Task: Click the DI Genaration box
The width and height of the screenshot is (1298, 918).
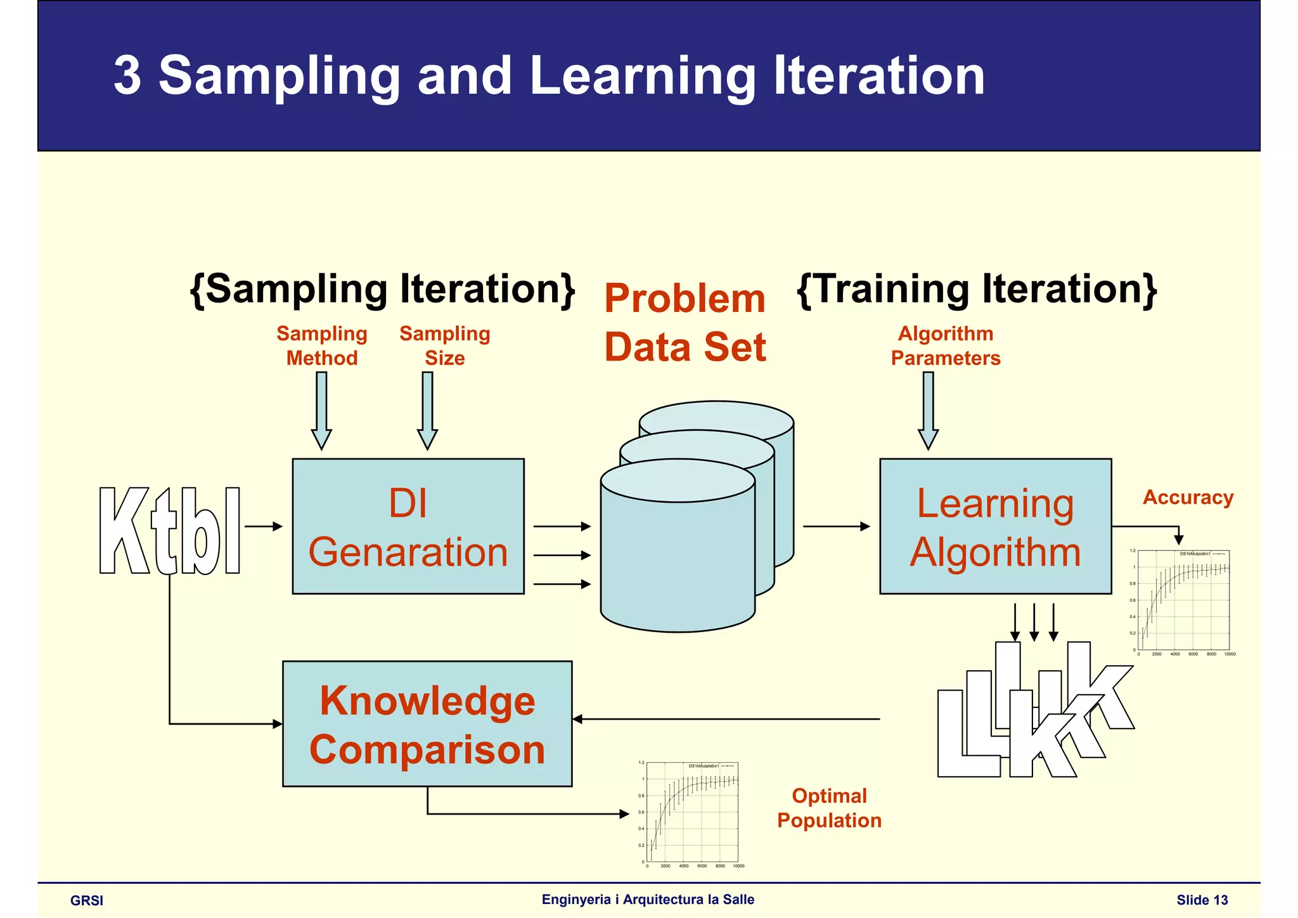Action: point(408,526)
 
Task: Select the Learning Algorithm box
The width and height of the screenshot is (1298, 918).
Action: point(995,526)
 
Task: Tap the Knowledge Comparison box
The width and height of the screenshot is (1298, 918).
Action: point(427,724)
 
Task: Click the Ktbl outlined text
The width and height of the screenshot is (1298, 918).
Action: point(170,531)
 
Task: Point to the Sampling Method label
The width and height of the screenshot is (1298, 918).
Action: point(322,346)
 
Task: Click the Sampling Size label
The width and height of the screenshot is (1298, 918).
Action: point(445,346)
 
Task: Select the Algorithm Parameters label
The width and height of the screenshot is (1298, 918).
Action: point(946,346)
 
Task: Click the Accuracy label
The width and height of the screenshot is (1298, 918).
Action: point(1188,498)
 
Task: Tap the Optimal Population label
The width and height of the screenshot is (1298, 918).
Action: point(829,808)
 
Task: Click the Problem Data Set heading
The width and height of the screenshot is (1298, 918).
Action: point(685,322)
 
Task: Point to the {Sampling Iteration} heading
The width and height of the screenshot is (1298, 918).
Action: point(383,289)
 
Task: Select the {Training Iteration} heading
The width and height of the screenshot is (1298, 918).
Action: point(977,289)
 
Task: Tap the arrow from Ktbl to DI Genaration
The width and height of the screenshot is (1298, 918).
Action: point(263,526)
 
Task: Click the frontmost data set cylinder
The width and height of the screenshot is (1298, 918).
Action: point(678,558)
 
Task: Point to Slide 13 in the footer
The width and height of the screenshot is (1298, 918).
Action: point(1202,900)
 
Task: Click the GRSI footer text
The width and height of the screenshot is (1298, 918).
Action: point(87,900)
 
